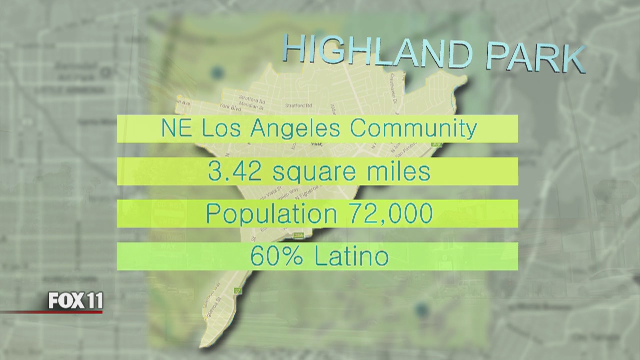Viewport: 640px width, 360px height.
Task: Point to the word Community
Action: (x=413, y=129)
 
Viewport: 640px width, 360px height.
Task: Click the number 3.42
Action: (x=232, y=172)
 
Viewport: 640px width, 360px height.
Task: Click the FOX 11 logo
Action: (x=75, y=301)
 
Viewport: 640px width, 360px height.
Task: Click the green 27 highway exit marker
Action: (x=237, y=289)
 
